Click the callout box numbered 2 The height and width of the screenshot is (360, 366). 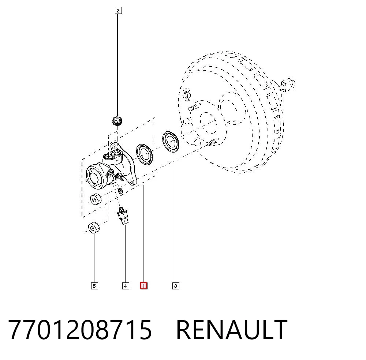118,11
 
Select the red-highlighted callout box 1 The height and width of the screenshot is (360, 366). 143,286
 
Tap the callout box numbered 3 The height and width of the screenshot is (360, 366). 176,286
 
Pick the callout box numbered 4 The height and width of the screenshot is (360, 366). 125,286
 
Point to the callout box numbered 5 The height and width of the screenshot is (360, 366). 94,286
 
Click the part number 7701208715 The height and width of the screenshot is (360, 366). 80,330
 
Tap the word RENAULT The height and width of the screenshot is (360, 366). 232,330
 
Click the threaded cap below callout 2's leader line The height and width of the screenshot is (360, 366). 117,121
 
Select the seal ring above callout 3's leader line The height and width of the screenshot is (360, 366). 171,142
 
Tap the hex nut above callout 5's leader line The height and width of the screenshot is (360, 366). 94,227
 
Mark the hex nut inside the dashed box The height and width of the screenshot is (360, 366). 95,199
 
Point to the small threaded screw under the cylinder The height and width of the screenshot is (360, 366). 120,191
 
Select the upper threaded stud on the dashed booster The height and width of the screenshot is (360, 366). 193,108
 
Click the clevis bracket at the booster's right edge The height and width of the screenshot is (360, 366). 288,85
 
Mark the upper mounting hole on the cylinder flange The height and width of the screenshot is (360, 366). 114,146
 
